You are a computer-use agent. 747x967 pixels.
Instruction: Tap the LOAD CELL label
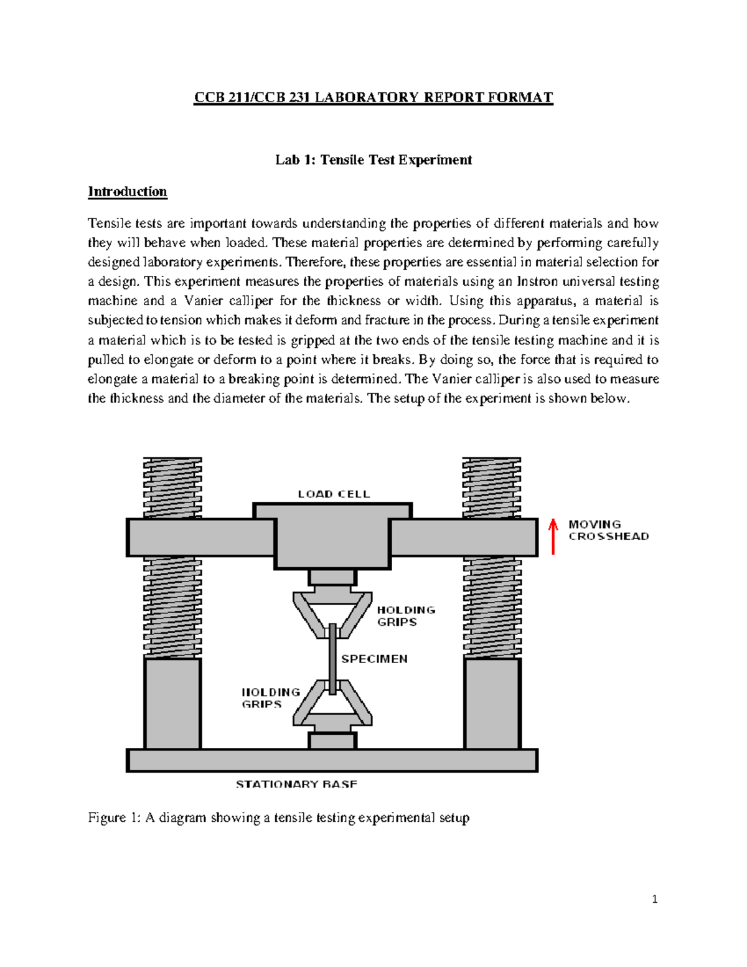[334, 494]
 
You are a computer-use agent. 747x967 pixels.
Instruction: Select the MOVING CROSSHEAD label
[608, 530]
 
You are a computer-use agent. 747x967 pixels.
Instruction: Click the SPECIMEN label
[374, 659]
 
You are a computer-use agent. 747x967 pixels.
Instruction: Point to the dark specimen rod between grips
[333, 659]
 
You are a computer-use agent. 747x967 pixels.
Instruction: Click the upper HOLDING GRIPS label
[405, 616]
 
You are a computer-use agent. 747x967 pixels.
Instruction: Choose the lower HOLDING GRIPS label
[271, 698]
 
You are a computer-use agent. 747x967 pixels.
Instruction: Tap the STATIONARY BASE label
[296, 784]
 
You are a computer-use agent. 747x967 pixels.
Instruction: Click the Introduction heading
[128, 191]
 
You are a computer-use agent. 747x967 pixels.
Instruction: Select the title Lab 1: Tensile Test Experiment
[374, 160]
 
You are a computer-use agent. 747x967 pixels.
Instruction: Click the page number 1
[654, 899]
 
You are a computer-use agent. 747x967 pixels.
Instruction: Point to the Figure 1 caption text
[278, 818]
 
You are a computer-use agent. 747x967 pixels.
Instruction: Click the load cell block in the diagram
[333, 539]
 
